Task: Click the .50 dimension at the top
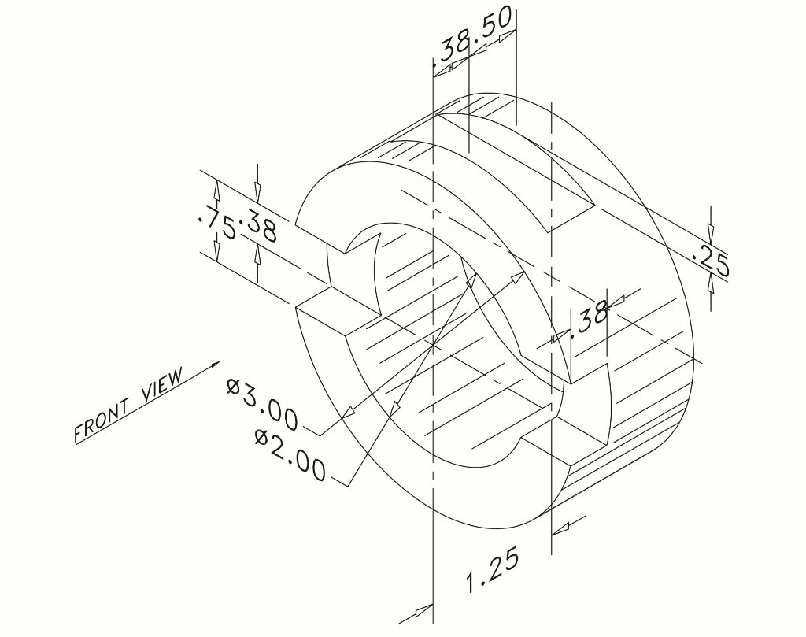[494, 28]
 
